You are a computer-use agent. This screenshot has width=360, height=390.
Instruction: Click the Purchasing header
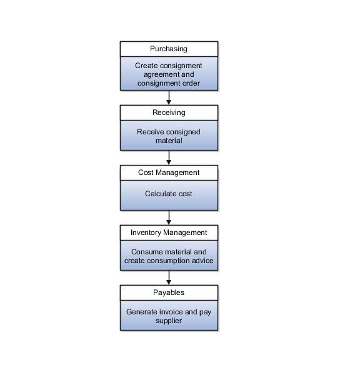pos(169,49)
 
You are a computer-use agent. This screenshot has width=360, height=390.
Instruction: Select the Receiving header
pos(169,112)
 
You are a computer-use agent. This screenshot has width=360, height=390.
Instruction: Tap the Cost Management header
pos(169,172)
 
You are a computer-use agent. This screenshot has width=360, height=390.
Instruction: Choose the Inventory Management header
pos(169,232)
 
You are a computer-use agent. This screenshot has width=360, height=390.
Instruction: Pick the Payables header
pos(169,292)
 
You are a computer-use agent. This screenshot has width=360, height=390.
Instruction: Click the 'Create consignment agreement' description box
pos(169,74)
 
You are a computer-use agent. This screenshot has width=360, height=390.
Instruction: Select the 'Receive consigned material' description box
pos(169,136)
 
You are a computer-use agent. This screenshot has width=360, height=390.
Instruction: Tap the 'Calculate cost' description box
pos(169,194)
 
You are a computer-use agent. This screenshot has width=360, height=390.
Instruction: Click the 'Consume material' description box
pos(169,256)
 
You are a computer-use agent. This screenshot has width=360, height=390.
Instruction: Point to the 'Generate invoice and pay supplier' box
pos(169,316)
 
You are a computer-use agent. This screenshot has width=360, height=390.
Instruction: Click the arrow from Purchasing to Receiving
pos(169,97)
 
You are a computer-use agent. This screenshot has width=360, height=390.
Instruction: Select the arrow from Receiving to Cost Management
pos(169,157)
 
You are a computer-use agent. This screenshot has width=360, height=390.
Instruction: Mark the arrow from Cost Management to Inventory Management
pos(169,217)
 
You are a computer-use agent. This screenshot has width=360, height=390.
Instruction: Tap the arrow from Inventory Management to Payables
pos(169,277)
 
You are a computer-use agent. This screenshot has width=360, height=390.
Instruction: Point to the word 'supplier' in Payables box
pos(169,321)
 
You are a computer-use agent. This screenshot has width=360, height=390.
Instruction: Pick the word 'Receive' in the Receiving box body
pos(149,132)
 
